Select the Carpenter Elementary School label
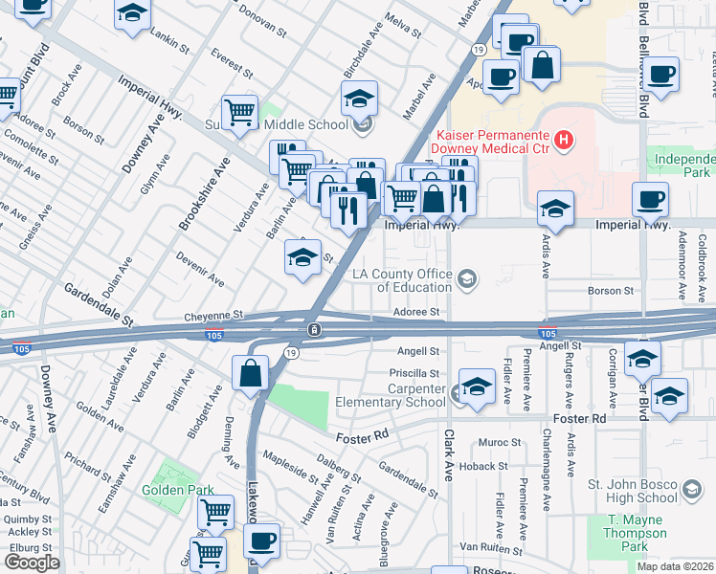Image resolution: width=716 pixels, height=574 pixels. click(x=391, y=395)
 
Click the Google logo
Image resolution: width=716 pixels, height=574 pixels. click(x=32, y=563)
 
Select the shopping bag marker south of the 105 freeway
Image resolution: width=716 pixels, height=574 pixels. click(x=251, y=373)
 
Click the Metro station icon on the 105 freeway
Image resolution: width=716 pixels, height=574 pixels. click(x=314, y=330)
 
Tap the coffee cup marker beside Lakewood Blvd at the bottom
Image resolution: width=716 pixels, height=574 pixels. click(x=261, y=541)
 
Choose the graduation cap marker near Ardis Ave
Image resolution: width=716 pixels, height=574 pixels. click(x=555, y=208)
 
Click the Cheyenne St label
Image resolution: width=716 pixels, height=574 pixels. click(x=214, y=314)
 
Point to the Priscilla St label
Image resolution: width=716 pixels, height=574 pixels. click(x=414, y=373)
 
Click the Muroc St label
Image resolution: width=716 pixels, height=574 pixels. click(x=500, y=443)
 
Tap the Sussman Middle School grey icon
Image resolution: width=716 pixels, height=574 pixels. click(x=362, y=123)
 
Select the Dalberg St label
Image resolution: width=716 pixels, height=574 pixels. click(x=339, y=469)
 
